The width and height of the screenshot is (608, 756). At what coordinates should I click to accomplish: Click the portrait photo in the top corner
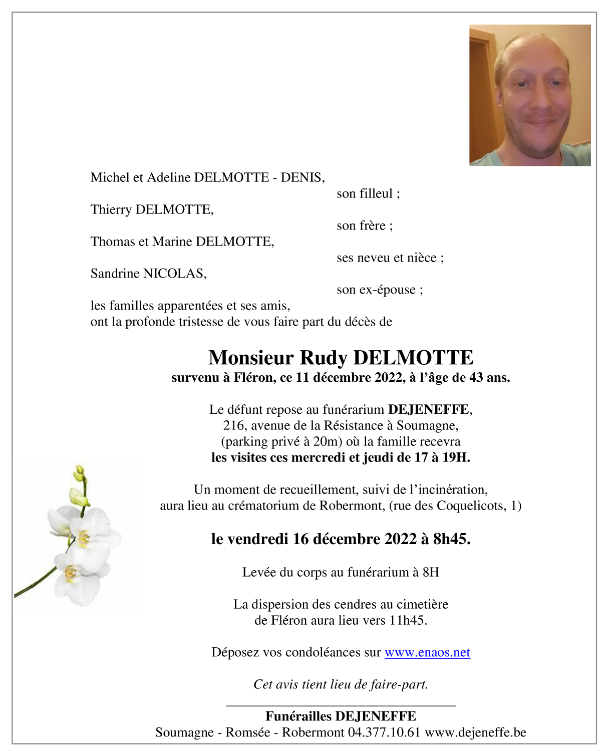click(x=529, y=95)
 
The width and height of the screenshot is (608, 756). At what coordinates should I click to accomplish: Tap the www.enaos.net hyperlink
click(x=427, y=652)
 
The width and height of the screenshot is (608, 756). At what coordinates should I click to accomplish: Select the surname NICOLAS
click(x=174, y=274)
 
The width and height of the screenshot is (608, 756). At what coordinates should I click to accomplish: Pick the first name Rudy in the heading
click(x=323, y=358)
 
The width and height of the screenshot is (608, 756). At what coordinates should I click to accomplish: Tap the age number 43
click(x=476, y=378)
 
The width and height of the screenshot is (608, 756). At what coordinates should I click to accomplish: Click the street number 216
click(x=233, y=425)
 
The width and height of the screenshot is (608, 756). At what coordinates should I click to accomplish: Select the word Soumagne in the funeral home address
click(x=426, y=425)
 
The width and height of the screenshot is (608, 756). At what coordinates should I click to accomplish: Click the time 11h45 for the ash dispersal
click(x=407, y=620)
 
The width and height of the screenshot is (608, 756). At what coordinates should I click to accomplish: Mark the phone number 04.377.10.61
click(x=384, y=732)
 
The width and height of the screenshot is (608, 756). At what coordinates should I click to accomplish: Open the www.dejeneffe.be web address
click(x=475, y=732)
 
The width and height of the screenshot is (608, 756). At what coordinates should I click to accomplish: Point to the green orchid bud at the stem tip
click(x=79, y=471)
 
